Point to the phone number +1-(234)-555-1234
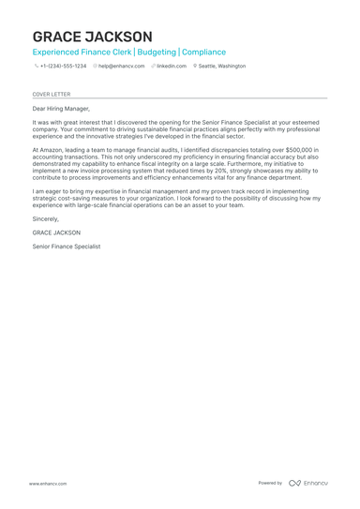pos(63,67)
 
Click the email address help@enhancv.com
pos(121,67)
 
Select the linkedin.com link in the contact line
pos(172,67)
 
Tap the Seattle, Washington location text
pos(222,67)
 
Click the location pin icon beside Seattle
pos(195,67)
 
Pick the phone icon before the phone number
pos(36,67)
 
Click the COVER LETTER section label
pos(51,94)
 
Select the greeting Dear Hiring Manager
pos(61,109)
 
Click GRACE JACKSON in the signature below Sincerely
pos(56,232)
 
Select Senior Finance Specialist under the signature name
pos(67,247)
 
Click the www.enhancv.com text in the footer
pos(47,484)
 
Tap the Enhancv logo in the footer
pos(308,484)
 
